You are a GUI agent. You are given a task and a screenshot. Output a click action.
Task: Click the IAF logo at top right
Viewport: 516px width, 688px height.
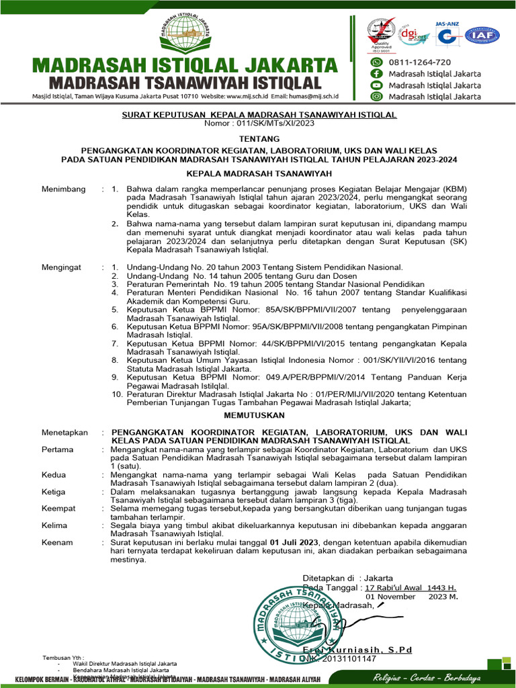click(x=482, y=36)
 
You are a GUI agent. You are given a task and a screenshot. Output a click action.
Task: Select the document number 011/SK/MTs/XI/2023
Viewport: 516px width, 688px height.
click(x=267, y=123)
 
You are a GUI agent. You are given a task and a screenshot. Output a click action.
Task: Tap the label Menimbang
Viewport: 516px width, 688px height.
click(x=64, y=189)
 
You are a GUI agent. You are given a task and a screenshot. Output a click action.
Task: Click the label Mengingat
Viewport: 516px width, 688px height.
click(x=61, y=267)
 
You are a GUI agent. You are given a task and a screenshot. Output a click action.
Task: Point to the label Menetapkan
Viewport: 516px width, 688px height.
click(x=65, y=432)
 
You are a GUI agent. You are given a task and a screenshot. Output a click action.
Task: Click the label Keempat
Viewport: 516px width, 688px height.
click(x=58, y=508)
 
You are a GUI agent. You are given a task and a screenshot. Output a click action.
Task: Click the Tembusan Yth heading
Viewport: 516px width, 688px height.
click(x=63, y=656)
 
